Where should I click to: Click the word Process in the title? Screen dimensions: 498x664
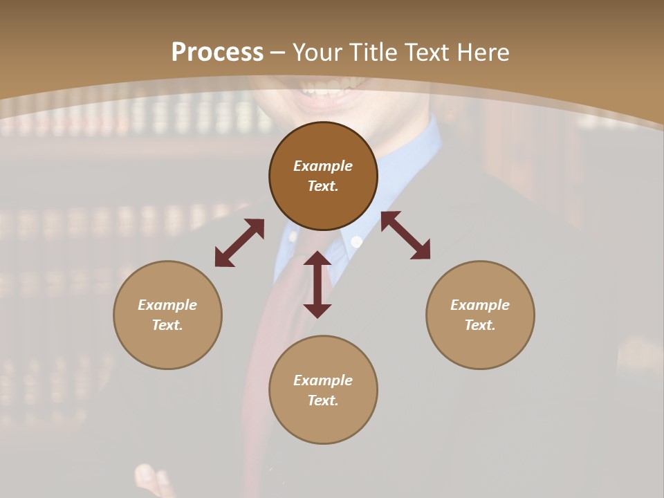pos(217,53)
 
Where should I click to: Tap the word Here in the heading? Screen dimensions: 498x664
pos(481,53)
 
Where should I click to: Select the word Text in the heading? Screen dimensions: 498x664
pos(425,53)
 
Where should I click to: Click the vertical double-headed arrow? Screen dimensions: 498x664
pos(317,284)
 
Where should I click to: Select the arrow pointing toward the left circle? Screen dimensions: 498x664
pos(239,243)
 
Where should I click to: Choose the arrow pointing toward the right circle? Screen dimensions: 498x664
pos(405,235)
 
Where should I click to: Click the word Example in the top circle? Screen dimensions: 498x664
pos(323,166)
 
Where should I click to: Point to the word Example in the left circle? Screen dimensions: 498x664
pos(167,305)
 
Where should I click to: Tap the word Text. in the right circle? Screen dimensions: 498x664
pos(480,325)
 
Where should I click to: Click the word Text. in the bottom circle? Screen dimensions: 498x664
pos(323,400)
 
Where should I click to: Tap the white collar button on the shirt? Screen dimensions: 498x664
pos(357,242)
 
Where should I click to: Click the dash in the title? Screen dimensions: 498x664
pos(278,53)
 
